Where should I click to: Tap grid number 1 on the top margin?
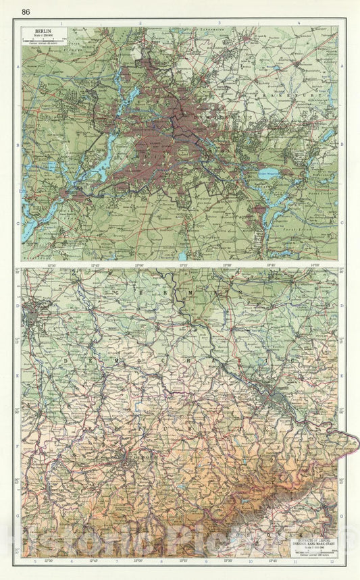point(61,23)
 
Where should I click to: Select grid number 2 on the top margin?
point(140,23)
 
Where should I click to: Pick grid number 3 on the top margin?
point(220,23)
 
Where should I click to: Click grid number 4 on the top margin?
point(298,23)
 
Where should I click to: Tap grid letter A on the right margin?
point(342,66)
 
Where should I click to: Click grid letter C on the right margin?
point(342,222)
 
